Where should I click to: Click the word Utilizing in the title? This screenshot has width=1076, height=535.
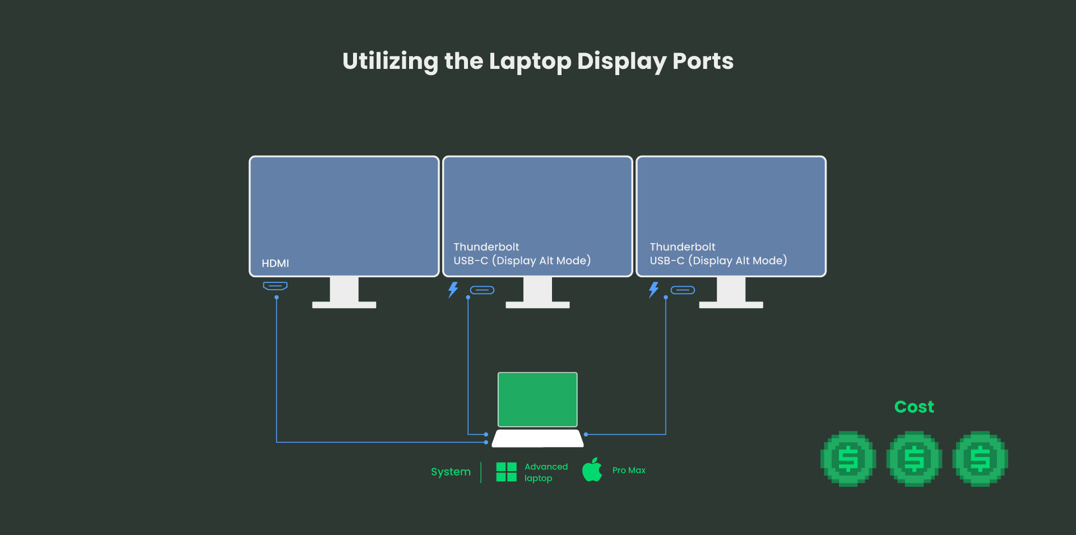point(390,61)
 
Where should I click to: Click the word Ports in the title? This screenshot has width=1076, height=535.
point(703,61)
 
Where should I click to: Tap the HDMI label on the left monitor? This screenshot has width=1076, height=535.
point(275,263)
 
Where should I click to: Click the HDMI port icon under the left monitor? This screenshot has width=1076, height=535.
point(275,286)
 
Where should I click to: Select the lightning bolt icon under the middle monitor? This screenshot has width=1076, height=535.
point(453,290)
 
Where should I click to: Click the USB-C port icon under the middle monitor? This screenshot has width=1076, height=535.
point(482,290)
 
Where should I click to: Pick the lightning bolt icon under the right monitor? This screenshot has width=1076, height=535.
point(653,290)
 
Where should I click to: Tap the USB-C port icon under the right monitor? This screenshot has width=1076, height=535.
point(683,290)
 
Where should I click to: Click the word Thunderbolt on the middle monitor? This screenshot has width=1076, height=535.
point(486,247)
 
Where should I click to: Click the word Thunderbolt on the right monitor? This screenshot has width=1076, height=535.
point(682,247)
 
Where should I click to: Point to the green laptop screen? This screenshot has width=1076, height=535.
point(537,399)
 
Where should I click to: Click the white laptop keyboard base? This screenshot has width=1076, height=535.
point(537,438)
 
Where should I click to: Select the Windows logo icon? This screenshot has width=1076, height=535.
point(506,472)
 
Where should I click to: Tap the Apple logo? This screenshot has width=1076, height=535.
point(592,470)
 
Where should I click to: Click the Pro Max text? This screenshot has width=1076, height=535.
point(629,471)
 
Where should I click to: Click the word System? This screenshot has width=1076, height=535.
point(451,472)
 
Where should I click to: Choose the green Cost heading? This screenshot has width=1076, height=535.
point(914,407)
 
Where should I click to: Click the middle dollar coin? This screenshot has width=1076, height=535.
point(914,459)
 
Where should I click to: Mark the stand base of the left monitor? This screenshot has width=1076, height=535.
point(344,305)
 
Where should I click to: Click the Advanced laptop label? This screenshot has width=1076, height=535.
point(545,472)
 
